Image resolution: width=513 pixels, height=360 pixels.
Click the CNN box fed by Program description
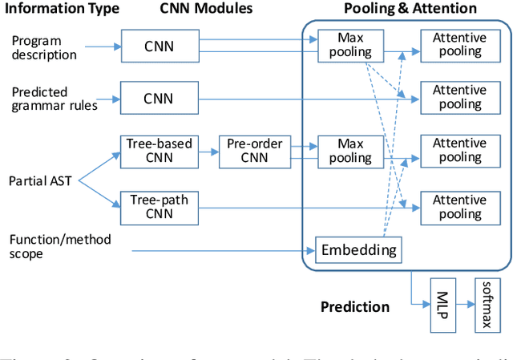158,45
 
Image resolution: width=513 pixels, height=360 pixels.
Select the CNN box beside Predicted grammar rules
158,98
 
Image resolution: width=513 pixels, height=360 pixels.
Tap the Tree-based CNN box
158,151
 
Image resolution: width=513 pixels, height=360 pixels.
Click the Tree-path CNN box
158,207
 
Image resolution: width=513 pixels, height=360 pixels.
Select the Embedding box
358,250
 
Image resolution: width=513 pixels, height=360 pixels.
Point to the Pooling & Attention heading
409,9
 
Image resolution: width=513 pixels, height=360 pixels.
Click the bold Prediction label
355,306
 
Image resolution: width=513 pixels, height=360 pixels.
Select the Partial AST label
41,180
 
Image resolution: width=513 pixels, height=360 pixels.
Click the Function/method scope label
59,247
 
